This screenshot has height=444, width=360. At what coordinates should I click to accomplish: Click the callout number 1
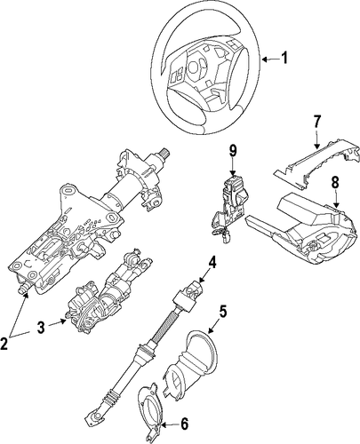(284, 58)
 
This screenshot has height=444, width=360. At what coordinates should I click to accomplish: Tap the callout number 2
(4, 344)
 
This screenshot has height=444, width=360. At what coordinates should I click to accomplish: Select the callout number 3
(41, 328)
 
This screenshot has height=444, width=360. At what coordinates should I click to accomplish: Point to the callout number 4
(212, 263)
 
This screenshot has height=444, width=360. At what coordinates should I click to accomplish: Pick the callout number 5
(223, 312)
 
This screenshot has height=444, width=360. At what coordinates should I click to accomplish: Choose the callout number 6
(184, 424)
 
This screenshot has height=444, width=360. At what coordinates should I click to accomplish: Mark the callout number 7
(316, 122)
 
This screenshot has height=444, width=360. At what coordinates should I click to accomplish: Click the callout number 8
(335, 182)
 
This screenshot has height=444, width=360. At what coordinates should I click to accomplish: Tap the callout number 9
(233, 151)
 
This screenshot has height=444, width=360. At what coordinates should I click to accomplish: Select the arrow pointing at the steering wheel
(270, 59)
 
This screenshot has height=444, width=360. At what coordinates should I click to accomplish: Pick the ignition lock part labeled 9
(229, 204)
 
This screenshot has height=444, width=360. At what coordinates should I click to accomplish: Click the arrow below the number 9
(233, 167)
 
